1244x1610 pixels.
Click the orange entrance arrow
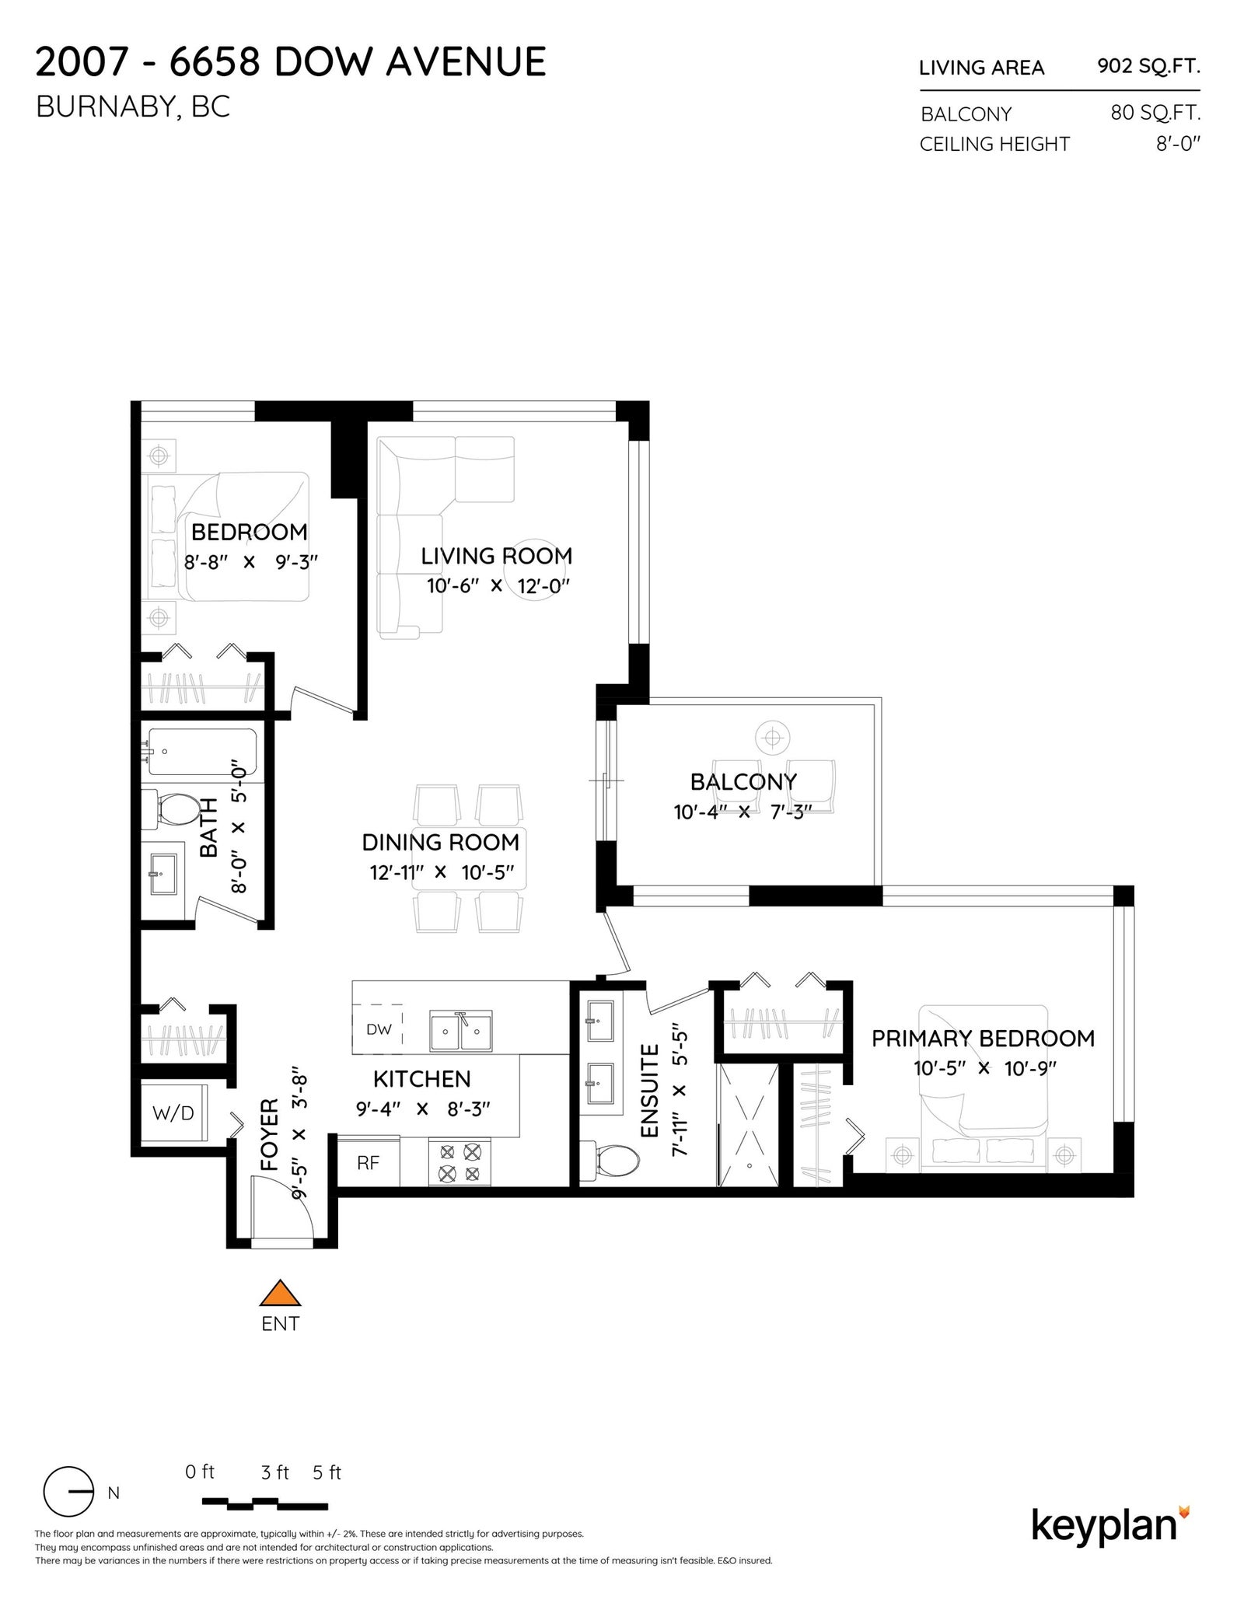point(280,1293)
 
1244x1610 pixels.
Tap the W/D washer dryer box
point(173,1112)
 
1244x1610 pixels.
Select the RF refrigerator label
point(368,1163)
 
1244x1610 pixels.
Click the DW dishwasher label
point(379,1029)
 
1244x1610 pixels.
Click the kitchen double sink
point(461,1031)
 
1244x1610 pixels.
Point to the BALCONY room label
point(743,781)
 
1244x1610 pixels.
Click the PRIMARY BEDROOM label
point(983,1038)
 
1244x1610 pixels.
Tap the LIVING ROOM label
point(496,556)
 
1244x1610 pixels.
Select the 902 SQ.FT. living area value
point(1148,66)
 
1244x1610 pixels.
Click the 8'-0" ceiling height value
point(1178,144)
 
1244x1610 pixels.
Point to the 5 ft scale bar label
point(327,1472)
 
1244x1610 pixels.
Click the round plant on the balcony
point(772,737)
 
